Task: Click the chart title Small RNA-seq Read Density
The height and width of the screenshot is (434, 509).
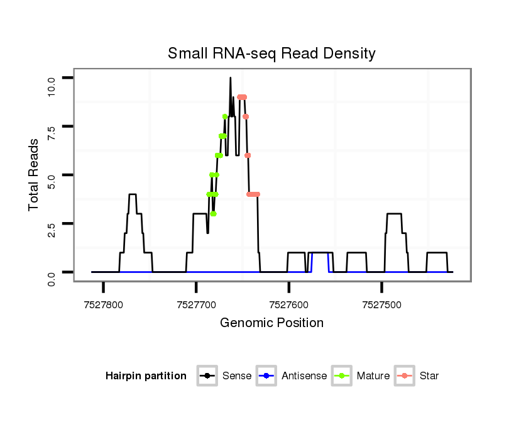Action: pos(271,53)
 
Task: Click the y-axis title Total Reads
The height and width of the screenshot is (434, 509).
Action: pos(34,175)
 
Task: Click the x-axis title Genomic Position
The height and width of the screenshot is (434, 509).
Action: pos(271,323)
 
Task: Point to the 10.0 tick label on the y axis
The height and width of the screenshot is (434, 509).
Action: pos(52,84)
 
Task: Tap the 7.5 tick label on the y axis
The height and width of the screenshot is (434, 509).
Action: pos(52,133)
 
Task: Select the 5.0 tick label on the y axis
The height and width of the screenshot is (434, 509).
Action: pos(52,182)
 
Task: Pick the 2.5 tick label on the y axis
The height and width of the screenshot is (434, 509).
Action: pos(52,231)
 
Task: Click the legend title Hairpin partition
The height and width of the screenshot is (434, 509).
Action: pos(146,376)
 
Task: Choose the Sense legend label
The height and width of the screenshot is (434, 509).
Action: pos(237,376)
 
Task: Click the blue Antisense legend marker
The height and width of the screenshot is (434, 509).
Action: pos(266,376)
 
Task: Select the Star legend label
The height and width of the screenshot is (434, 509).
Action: pos(429,376)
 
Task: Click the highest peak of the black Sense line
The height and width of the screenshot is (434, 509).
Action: pos(231,78)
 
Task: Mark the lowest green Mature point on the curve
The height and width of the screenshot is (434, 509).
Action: pos(214,214)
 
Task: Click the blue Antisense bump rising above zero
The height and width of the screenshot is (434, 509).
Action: pos(320,253)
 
